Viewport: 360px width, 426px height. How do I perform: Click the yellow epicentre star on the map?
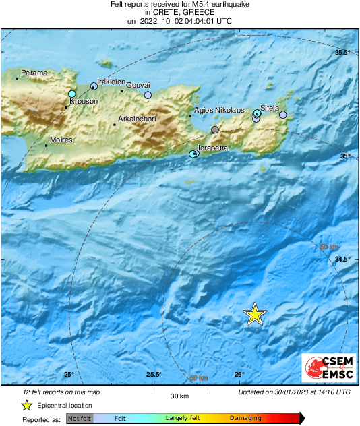255,314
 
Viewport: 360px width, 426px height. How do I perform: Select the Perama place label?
34,73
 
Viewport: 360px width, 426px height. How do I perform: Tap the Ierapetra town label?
214,148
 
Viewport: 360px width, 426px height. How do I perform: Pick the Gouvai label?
138,85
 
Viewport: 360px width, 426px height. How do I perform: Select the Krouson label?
82,102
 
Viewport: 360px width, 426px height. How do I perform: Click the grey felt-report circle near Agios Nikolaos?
215,129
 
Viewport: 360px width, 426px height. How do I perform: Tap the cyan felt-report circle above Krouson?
72,94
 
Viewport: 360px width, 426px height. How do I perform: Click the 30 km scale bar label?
179,396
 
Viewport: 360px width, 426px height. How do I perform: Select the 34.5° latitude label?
343,260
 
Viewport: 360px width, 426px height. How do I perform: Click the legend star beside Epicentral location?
26,405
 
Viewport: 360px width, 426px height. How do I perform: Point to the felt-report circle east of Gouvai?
148,95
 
